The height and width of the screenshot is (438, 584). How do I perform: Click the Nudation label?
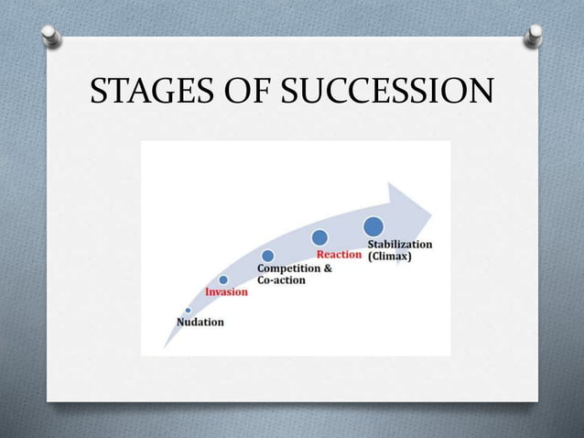pyautogui.click(x=200, y=322)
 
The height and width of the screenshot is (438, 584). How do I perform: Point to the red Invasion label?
pyautogui.click(x=226, y=291)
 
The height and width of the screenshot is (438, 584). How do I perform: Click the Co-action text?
pyautogui.click(x=281, y=280)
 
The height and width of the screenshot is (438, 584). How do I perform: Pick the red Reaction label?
pyautogui.click(x=339, y=254)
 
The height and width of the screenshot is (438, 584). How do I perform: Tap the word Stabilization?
pyautogui.click(x=400, y=245)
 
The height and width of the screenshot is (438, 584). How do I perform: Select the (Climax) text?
pyautogui.click(x=390, y=257)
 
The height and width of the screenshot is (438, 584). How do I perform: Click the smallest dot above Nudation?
pyautogui.click(x=188, y=310)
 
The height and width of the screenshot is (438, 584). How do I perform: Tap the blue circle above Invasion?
pyautogui.click(x=223, y=279)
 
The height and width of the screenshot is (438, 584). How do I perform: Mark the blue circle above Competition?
pyautogui.click(x=267, y=256)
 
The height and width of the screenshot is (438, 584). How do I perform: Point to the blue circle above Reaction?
pyautogui.click(x=319, y=238)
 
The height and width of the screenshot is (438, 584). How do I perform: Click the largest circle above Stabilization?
pyautogui.click(x=373, y=225)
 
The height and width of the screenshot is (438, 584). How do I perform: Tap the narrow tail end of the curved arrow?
pyautogui.click(x=166, y=345)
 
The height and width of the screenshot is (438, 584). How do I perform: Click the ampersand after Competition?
pyautogui.click(x=327, y=268)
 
